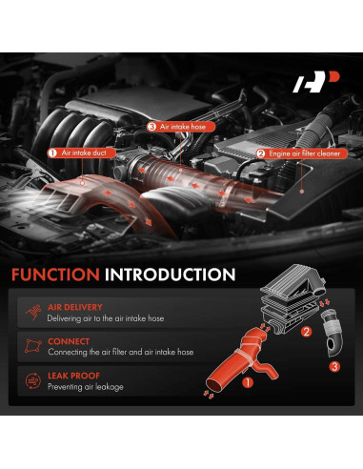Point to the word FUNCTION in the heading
coord(53,275)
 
